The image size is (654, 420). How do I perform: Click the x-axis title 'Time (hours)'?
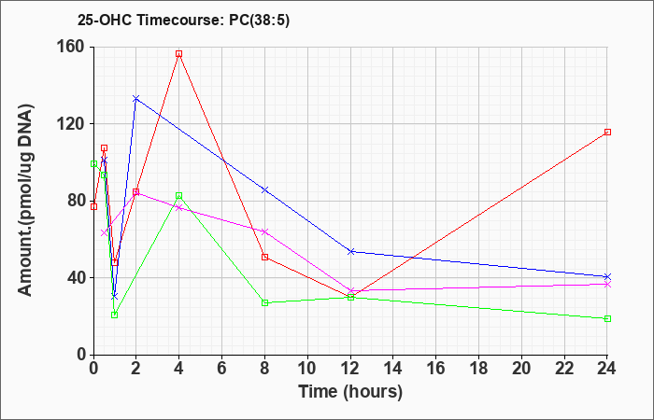click(350, 391)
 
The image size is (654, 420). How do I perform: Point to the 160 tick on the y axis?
click(71, 48)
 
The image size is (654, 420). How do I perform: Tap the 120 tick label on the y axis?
click(71, 124)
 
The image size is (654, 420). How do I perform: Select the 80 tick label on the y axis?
click(75, 202)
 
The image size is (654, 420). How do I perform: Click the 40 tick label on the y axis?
click(75, 278)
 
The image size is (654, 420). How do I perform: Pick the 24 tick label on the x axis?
click(607, 369)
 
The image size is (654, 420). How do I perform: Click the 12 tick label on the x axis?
click(350, 369)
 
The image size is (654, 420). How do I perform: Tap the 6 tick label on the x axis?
click(222, 369)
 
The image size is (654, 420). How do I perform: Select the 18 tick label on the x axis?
click(479, 369)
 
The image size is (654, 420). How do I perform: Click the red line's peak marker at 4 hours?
click(179, 54)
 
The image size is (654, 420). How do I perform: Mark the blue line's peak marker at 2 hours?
click(136, 98)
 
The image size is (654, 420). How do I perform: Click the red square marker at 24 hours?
click(607, 133)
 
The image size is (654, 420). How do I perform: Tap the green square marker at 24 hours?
click(607, 318)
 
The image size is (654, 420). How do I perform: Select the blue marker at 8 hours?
click(265, 189)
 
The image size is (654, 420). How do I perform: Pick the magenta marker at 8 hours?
click(265, 231)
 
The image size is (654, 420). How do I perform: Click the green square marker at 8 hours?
click(265, 302)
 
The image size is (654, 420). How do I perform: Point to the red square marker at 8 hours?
click(265, 257)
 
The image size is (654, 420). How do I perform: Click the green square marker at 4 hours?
click(179, 196)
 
